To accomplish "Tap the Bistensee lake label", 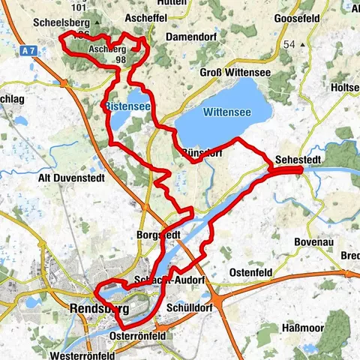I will pyautogui.click(x=128, y=107).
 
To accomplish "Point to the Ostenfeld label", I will pyautogui.click(x=253, y=270).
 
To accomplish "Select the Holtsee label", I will pyautogui.click(x=346, y=88).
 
